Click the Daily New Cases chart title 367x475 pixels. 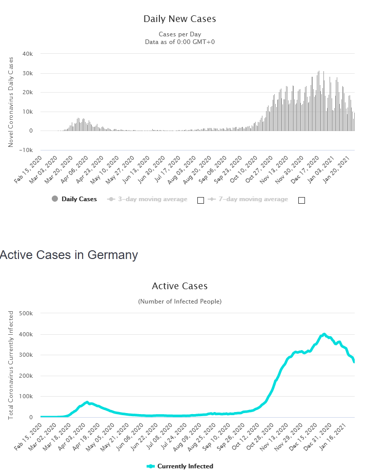pos(179,19)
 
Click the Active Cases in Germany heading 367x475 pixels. pos(69,255)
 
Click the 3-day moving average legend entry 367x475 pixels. pos(148,199)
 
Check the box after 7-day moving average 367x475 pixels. pos(301,200)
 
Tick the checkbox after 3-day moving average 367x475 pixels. pos(200,200)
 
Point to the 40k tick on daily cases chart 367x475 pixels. pos(28,54)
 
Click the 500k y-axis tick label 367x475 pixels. pos(26,313)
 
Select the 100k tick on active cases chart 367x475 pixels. pos(26,397)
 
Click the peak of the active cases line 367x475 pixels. pos(324,334)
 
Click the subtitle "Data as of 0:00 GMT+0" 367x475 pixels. pos(179,41)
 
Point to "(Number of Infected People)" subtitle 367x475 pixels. pos(179,301)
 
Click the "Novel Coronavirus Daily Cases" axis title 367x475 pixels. pos(11,102)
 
